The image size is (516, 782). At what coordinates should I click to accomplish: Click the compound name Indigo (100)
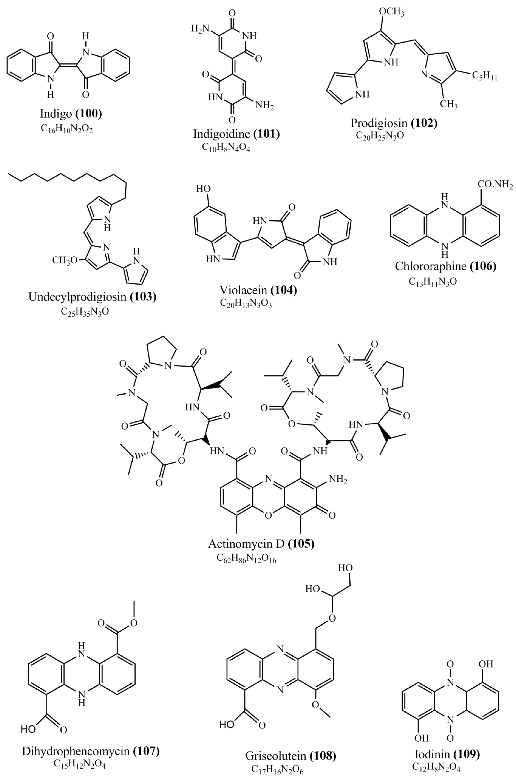point(71,114)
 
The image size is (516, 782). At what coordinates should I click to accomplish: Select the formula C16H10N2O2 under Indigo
point(67,129)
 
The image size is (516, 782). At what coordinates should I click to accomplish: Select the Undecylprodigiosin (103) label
point(92,297)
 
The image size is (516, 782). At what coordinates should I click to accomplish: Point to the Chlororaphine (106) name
point(445,266)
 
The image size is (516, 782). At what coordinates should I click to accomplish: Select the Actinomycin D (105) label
point(261,544)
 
